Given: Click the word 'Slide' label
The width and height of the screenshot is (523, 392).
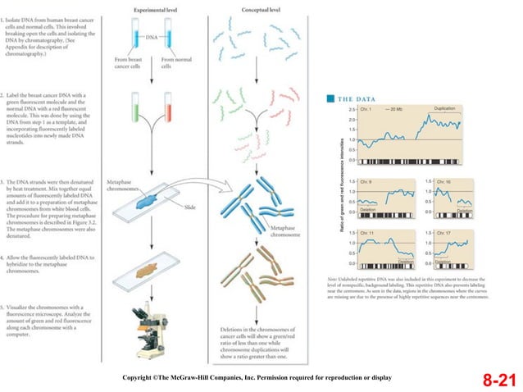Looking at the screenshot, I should [189, 207].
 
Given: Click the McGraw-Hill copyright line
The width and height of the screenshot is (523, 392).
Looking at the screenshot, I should [257, 376].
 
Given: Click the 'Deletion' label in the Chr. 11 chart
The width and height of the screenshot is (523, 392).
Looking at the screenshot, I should [405, 261].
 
